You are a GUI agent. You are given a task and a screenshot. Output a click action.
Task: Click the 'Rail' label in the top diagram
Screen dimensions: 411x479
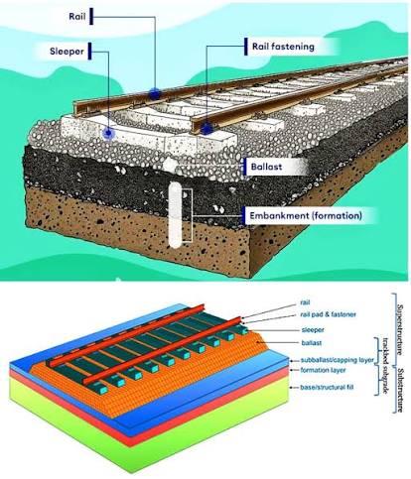(x=77, y=16)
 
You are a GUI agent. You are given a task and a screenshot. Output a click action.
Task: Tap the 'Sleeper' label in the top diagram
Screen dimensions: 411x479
(x=67, y=52)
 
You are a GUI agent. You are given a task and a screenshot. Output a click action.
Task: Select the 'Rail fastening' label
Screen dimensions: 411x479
(x=283, y=47)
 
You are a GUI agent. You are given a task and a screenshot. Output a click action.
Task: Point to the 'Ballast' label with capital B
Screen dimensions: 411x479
(x=266, y=167)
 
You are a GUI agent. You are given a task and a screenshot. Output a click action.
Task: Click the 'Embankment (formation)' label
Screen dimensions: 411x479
(x=306, y=216)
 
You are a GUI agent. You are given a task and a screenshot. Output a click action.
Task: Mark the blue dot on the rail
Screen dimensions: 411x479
(x=154, y=94)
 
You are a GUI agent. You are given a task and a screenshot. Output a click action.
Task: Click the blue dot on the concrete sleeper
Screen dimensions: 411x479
(x=108, y=133)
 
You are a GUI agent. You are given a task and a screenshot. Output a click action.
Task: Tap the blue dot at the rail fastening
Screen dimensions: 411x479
(x=206, y=129)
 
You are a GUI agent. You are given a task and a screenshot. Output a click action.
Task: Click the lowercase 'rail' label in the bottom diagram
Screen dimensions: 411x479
(x=305, y=302)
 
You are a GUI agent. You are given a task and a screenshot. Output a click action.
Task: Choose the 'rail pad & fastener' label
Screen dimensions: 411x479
(x=329, y=314)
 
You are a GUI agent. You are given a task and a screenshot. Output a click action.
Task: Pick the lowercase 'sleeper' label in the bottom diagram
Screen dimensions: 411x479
(x=313, y=330)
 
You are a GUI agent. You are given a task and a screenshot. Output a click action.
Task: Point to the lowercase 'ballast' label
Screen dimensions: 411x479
(x=312, y=343)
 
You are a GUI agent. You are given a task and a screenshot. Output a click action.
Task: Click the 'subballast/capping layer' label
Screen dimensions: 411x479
(x=338, y=360)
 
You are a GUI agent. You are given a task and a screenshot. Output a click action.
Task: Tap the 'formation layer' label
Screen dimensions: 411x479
(x=323, y=370)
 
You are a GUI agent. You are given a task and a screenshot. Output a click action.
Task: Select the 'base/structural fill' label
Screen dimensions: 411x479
(x=327, y=387)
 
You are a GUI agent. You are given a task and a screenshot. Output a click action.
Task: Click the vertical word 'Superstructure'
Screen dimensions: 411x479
(x=400, y=329)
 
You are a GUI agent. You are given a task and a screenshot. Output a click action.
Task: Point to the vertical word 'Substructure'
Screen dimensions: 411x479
(x=400, y=391)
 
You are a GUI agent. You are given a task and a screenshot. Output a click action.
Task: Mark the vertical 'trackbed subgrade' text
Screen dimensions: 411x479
(x=385, y=366)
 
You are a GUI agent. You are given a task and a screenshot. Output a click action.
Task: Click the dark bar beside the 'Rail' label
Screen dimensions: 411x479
(x=91, y=16)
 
